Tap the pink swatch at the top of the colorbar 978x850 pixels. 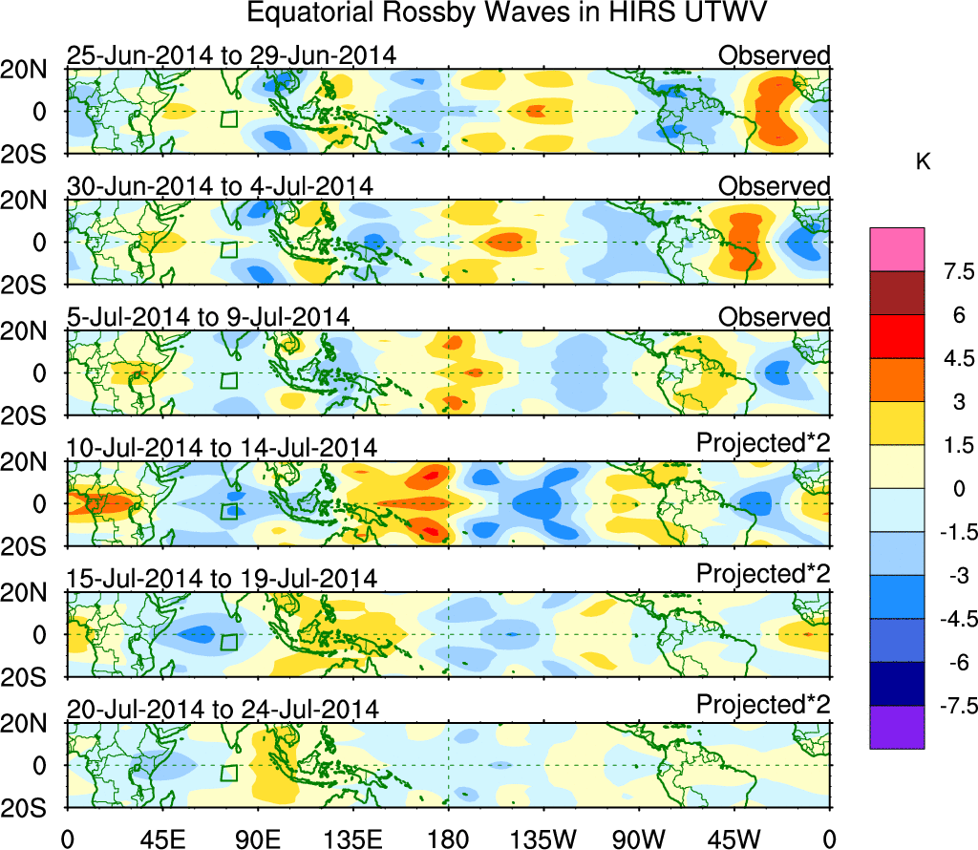(897, 248)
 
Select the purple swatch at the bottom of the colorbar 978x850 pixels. (897, 727)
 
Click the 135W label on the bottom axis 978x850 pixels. (544, 839)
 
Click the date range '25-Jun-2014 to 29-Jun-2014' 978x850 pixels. (231, 55)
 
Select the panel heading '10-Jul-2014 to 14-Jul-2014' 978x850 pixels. (223, 447)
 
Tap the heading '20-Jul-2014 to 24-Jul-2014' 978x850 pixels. (223, 710)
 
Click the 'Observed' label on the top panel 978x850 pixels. (775, 55)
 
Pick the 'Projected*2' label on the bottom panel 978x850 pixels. (763, 705)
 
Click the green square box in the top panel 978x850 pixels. (228, 118)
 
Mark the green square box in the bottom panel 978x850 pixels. (228, 773)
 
